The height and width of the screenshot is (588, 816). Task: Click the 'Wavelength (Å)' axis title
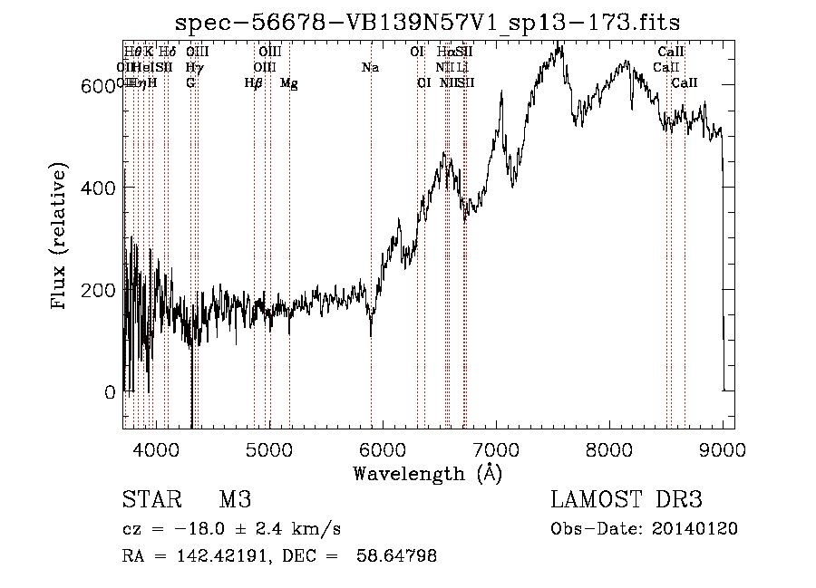pos(427,473)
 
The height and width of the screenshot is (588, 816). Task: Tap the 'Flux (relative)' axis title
pos(61,238)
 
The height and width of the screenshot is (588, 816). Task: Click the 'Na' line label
pos(370,68)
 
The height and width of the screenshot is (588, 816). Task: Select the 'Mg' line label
pos(289,83)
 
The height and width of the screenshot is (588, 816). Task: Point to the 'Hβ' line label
pos(254,83)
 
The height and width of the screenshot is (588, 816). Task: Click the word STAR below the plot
pos(149,501)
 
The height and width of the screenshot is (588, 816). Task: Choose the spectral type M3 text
pos(235,501)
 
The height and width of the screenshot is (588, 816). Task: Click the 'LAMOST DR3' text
pos(627,501)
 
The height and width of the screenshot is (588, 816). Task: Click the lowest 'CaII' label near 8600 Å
pos(685,83)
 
